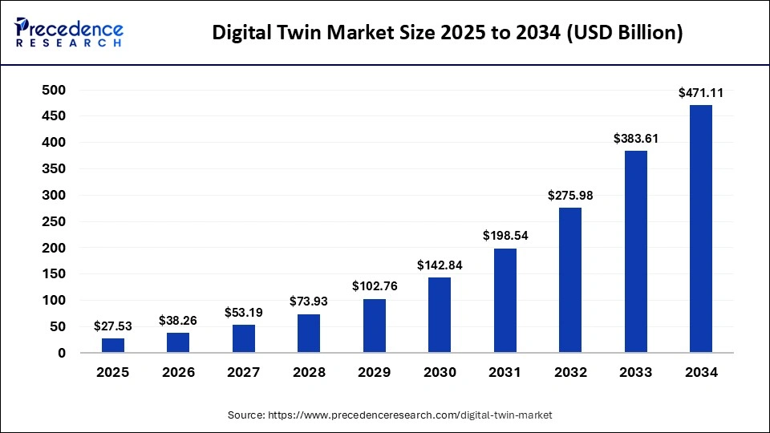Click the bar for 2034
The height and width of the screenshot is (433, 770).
(x=700, y=229)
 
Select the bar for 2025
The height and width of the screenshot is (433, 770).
(x=113, y=345)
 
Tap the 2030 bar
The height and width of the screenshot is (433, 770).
(x=440, y=314)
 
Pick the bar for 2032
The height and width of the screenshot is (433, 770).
(x=570, y=280)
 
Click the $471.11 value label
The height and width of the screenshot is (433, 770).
(x=700, y=93)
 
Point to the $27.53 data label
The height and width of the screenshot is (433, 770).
(x=113, y=326)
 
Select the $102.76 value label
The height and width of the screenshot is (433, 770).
(x=374, y=287)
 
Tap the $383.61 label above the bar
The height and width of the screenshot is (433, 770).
(x=635, y=139)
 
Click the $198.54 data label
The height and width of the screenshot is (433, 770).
(x=505, y=237)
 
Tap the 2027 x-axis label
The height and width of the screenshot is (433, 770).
(x=244, y=373)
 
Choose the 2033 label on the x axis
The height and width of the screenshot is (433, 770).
(x=635, y=373)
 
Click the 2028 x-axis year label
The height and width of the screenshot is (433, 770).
(x=309, y=373)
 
